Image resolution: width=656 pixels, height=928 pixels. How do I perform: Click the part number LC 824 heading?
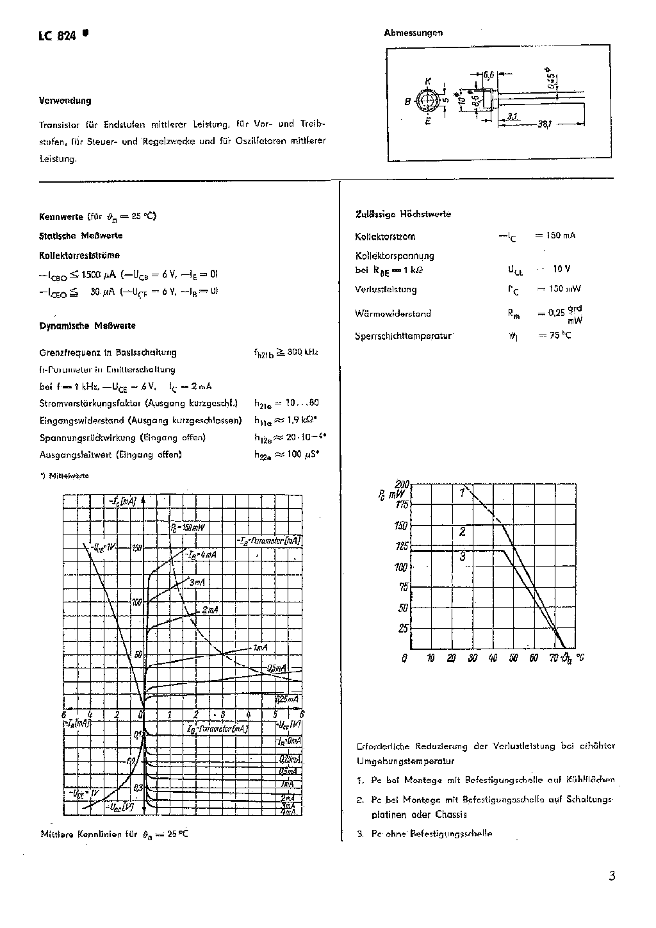pos(58,36)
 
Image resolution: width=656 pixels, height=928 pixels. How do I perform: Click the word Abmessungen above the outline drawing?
pos(413,32)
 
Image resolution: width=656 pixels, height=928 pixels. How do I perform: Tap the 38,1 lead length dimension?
pos(545,124)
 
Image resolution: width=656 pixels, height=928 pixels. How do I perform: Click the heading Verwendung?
pos(65,101)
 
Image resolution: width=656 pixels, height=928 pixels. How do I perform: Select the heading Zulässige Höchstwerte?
pos(403,214)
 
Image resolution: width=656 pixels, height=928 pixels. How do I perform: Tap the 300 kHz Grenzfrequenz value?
pos(301,352)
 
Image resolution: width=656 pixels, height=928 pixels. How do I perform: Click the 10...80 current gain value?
pos(302,403)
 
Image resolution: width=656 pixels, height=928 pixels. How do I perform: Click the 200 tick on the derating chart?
pos(402,484)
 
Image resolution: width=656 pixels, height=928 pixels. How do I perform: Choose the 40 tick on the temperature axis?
pos(492,658)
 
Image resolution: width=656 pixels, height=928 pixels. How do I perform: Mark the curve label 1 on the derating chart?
pos(461,492)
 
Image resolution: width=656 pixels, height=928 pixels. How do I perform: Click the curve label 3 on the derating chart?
pos(462,556)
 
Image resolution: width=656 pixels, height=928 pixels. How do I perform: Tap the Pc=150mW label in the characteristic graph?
pos(187,527)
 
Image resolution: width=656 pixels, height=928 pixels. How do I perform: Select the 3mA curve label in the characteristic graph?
pos(197,582)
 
